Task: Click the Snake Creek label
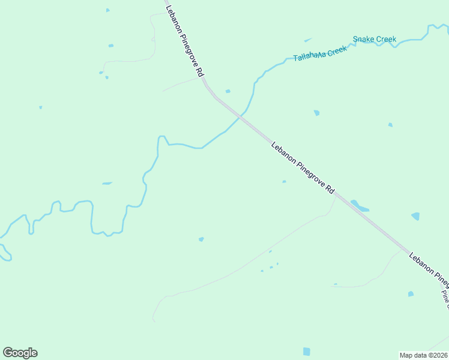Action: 374,40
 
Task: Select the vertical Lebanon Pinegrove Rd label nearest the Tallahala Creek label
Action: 184,40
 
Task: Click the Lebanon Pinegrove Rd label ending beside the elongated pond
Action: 302,167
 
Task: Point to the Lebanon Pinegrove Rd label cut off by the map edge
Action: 429,268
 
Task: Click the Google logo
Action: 20,353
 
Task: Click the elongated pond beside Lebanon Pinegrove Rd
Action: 360,206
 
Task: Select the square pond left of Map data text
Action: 307,351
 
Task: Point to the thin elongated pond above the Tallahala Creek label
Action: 308,40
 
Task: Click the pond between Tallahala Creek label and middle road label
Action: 316,113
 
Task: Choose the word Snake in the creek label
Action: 363,40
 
